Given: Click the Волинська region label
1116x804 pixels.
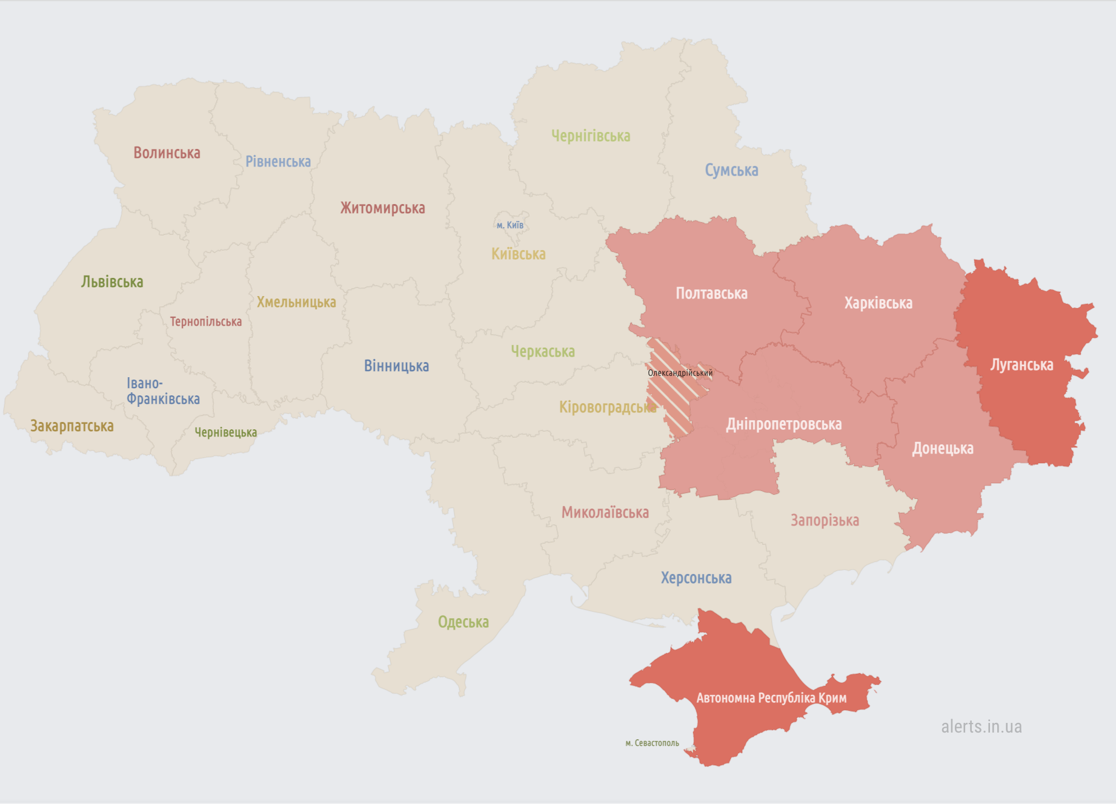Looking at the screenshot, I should point(167,153).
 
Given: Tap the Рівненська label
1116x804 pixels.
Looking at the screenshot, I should point(278,162).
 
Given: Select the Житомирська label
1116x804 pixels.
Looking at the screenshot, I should point(382,208).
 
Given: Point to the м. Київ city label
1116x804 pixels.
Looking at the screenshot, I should point(510,225).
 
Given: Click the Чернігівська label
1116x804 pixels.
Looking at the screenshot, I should point(591,136).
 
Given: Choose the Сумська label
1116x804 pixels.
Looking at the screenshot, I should point(731,170).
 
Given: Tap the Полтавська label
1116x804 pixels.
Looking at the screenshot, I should point(711,294).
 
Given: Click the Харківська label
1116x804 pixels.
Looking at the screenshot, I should point(878,303).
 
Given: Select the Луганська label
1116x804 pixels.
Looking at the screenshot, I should point(1021,364).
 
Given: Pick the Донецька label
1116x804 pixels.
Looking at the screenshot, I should point(943,448).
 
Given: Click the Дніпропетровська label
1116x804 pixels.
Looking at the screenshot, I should point(783,424).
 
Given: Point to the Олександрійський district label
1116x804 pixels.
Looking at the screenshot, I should point(680,373).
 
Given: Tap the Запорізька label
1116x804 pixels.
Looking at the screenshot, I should point(825,520).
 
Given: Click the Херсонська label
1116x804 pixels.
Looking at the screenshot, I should point(696,578).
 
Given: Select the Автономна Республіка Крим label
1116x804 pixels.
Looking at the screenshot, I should point(771,697).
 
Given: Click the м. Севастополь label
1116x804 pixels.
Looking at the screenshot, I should point(652,743).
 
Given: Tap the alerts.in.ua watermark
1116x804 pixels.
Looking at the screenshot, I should point(981,726).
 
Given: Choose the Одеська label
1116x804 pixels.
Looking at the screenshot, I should point(463,622).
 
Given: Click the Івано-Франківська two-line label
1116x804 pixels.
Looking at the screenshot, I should point(162,391).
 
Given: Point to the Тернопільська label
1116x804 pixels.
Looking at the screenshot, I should point(205,321).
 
